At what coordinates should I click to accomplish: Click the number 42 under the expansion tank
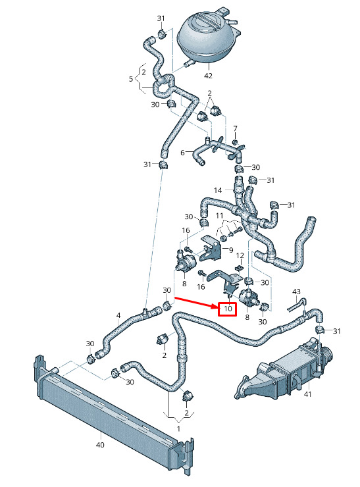tap(208, 76)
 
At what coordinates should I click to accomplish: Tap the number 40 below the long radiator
tap(100, 445)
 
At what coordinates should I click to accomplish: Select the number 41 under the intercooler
tap(307, 394)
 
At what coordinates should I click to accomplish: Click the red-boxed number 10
tap(228, 309)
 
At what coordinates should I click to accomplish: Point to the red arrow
tap(195, 303)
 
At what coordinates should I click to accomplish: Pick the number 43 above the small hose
tap(297, 292)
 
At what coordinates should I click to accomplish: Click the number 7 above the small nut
tap(235, 128)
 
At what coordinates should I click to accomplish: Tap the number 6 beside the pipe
tap(183, 153)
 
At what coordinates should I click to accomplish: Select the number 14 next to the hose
tap(218, 190)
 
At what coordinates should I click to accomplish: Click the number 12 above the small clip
tap(240, 255)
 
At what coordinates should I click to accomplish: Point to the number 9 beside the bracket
tap(231, 249)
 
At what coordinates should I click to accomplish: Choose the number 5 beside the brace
tap(131, 79)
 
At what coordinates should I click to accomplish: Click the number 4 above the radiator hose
tap(118, 315)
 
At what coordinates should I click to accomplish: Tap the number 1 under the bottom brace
tap(178, 429)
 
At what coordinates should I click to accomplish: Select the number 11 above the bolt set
tap(220, 216)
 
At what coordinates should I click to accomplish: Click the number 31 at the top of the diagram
tap(161, 18)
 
